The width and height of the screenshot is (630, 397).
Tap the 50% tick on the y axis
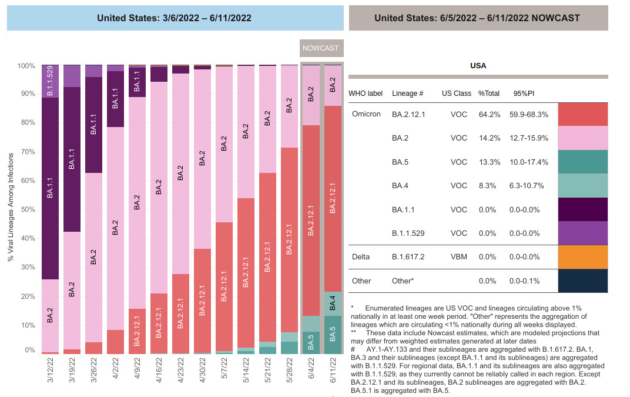coord(26,209)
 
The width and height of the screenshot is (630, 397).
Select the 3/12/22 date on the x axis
coord(50,372)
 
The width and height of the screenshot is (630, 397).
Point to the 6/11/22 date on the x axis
coord(333,372)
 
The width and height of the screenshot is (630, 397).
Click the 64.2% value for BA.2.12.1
coord(488,114)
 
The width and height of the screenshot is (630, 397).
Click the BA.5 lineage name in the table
coord(400,162)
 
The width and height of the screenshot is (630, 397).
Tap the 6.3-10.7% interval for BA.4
coord(527,186)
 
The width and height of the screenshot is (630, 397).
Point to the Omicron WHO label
coord(366,114)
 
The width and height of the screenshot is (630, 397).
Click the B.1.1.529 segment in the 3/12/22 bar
coord(50,81)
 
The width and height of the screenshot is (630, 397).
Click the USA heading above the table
coord(478,66)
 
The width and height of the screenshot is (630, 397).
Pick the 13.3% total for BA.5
coord(488,162)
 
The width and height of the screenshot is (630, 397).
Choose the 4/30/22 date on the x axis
coord(203,372)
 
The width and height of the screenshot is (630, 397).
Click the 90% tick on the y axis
coord(26,94)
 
